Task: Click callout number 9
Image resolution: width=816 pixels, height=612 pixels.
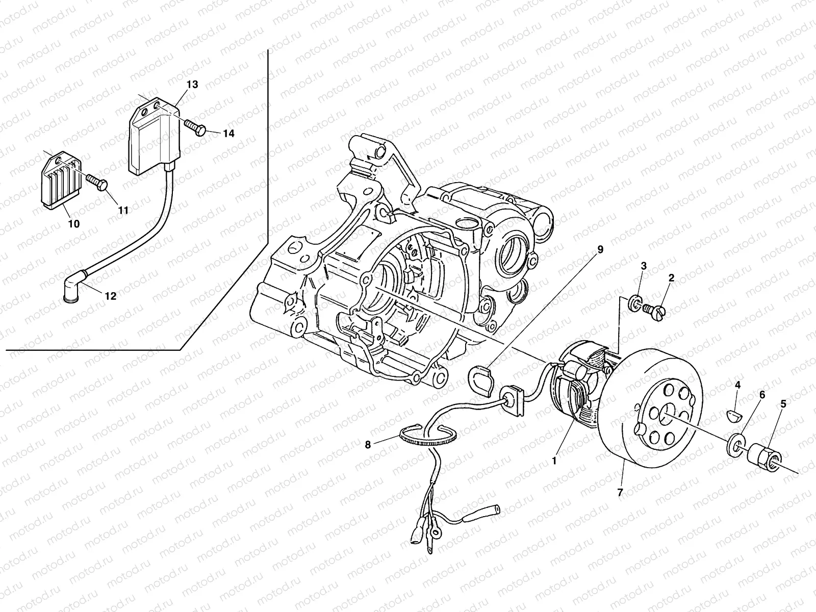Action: coord(600,249)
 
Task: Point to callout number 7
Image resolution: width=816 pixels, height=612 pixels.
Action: coord(620,493)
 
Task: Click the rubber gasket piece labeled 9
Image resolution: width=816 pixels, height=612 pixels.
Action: coord(481,380)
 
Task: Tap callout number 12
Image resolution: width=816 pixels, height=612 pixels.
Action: coord(110,296)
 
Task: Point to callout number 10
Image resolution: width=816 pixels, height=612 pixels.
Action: coord(73,223)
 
